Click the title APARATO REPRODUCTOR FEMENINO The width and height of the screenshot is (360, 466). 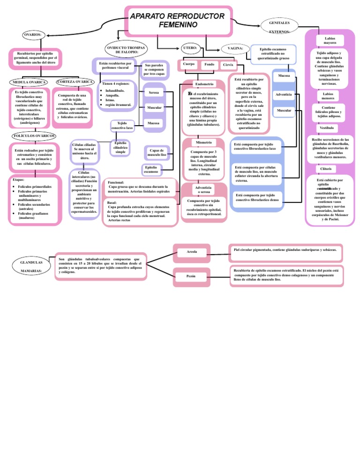(178, 20)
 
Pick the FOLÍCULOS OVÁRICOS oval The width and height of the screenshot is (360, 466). (34, 136)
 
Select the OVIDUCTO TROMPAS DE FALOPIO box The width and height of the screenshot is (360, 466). (125, 49)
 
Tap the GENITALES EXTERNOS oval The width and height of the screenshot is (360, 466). (279, 26)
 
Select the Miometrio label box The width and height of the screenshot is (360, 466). (203, 142)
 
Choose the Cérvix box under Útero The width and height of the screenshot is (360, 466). (228, 64)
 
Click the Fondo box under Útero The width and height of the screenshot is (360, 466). (210, 64)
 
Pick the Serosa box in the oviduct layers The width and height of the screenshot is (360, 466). (153, 93)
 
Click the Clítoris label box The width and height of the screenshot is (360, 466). (327, 169)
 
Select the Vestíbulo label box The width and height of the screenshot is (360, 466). (327, 128)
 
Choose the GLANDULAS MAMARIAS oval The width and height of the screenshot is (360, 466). (30, 266)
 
